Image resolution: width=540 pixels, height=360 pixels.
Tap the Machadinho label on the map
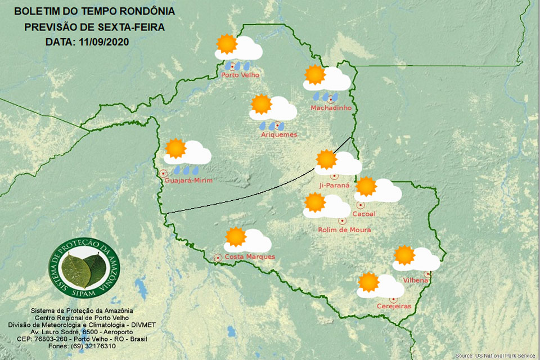(331, 107)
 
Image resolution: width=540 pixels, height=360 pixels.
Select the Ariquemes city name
(279, 134)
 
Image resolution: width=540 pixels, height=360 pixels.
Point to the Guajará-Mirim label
(189, 180)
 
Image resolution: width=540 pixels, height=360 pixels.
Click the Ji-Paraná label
(334, 185)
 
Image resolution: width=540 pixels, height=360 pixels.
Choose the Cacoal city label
(363, 214)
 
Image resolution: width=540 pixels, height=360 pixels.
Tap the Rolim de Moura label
(344, 229)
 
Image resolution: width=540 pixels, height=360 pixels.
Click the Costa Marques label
(250, 257)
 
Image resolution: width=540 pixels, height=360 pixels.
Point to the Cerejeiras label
(394, 306)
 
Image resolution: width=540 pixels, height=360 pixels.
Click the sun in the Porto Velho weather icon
(227, 44)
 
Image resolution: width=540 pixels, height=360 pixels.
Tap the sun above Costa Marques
(235, 237)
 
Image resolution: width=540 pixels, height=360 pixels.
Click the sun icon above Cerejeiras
(368, 282)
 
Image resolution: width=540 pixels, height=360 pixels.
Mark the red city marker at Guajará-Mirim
(163, 173)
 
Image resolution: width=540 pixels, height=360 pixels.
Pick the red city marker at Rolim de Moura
(342, 221)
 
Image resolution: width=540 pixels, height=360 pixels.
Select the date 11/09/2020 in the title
(105, 42)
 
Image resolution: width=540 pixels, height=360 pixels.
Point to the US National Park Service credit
(496, 355)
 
